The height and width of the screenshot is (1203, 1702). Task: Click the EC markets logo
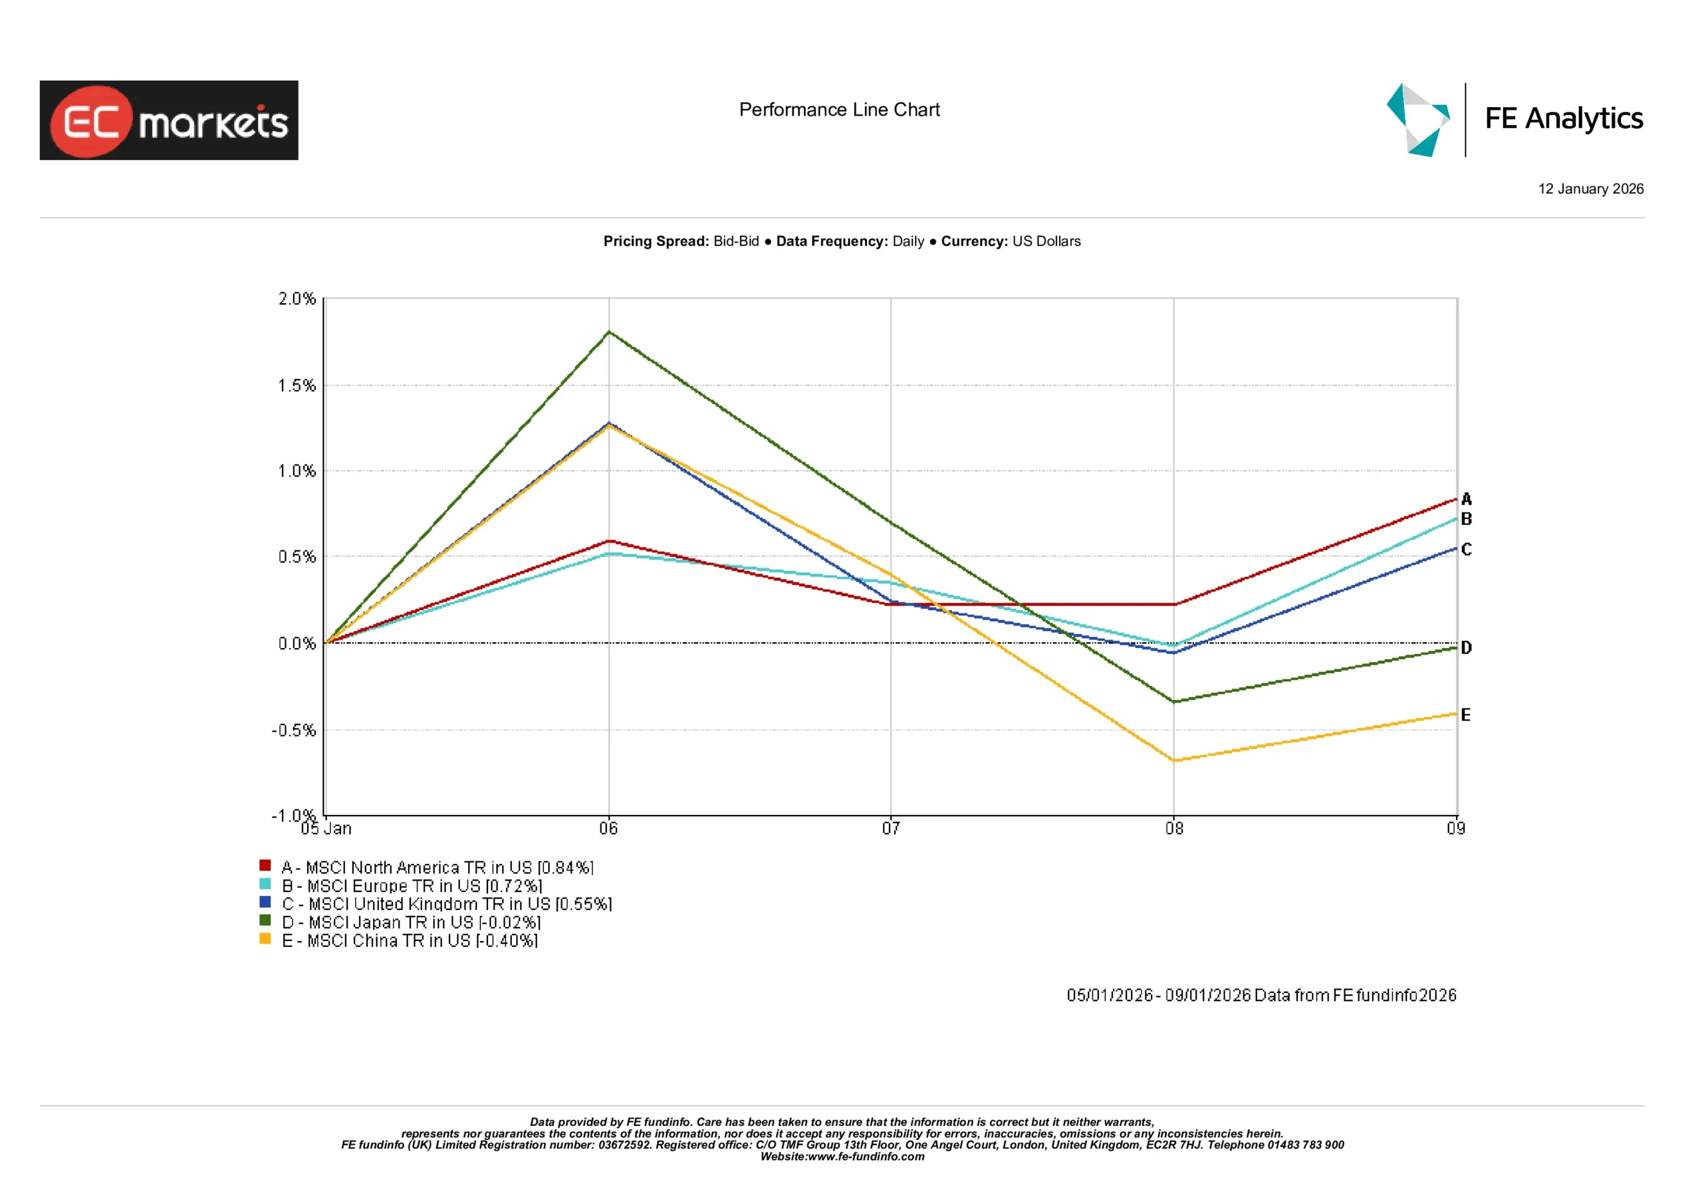click(x=169, y=120)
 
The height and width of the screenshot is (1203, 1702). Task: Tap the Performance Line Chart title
click(x=839, y=110)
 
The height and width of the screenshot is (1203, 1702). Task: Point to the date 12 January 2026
click(x=1590, y=189)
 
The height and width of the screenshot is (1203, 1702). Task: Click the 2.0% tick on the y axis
click(x=297, y=298)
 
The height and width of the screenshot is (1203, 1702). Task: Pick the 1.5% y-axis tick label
click(x=297, y=385)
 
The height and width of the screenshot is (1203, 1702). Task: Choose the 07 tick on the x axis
click(x=890, y=828)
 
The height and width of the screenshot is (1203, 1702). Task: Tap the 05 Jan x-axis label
click(x=326, y=828)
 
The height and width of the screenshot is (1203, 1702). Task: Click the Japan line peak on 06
click(x=610, y=332)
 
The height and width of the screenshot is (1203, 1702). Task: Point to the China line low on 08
click(x=1174, y=760)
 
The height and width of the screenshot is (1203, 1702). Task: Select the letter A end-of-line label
click(x=1466, y=499)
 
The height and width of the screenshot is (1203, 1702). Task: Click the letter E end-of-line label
click(x=1465, y=714)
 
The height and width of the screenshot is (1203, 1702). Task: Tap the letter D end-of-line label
click(x=1466, y=648)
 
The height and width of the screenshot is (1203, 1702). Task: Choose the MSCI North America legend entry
click(x=437, y=867)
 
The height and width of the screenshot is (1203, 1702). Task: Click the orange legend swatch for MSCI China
click(x=265, y=938)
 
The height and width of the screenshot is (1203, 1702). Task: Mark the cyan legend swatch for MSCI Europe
click(x=265, y=883)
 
